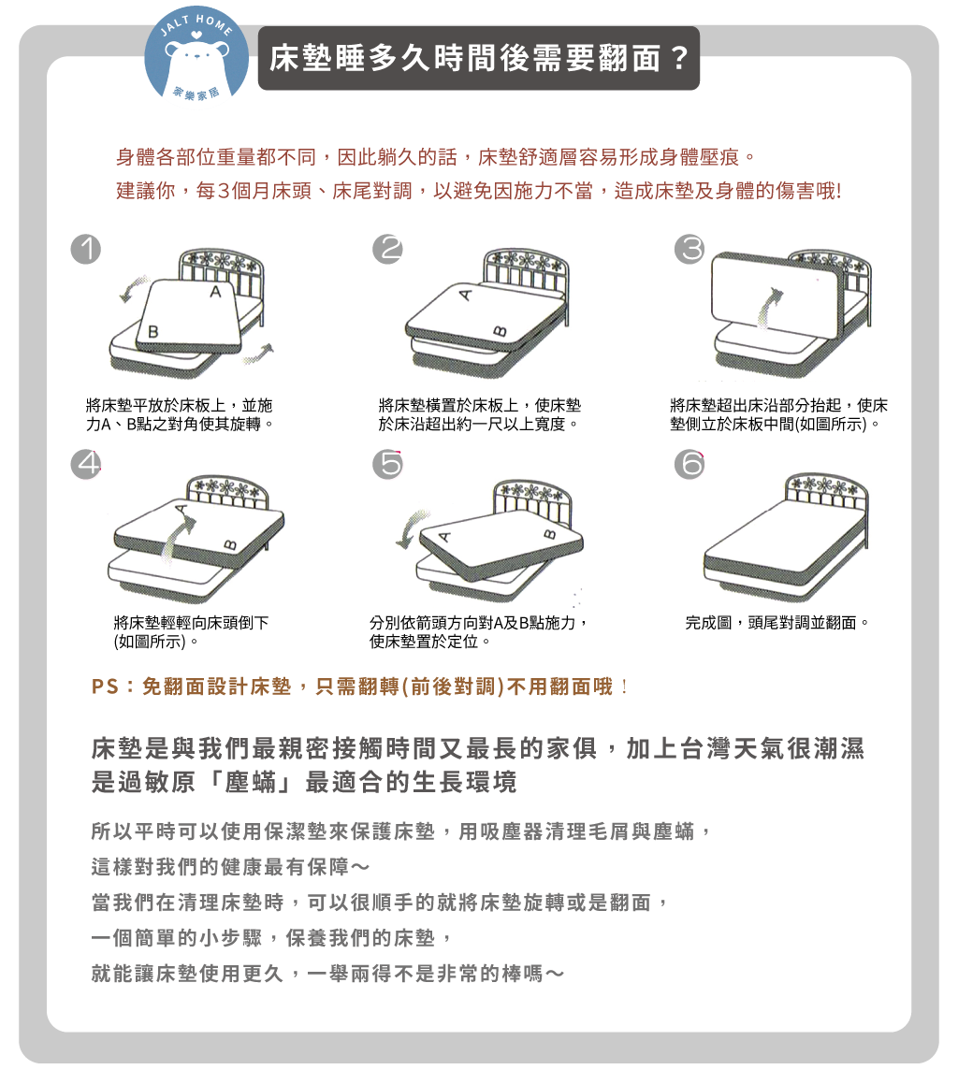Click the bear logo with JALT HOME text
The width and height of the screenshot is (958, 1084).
tap(196, 58)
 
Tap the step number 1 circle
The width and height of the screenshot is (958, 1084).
tap(86, 249)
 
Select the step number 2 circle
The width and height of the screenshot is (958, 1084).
tap(387, 249)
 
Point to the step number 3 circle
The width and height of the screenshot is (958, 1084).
tap(689, 249)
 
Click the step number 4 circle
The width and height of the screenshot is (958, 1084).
tap(86, 464)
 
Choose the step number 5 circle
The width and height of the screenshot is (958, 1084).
tap(387, 464)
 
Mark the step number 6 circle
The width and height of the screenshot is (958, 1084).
tap(689, 464)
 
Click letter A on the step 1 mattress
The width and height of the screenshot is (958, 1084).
tap(216, 293)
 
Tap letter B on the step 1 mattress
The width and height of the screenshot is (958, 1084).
tap(152, 332)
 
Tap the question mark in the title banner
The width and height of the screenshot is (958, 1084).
tap(680, 58)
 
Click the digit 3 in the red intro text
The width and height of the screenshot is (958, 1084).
tap(224, 191)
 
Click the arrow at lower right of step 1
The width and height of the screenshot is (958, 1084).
tap(257, 354)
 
